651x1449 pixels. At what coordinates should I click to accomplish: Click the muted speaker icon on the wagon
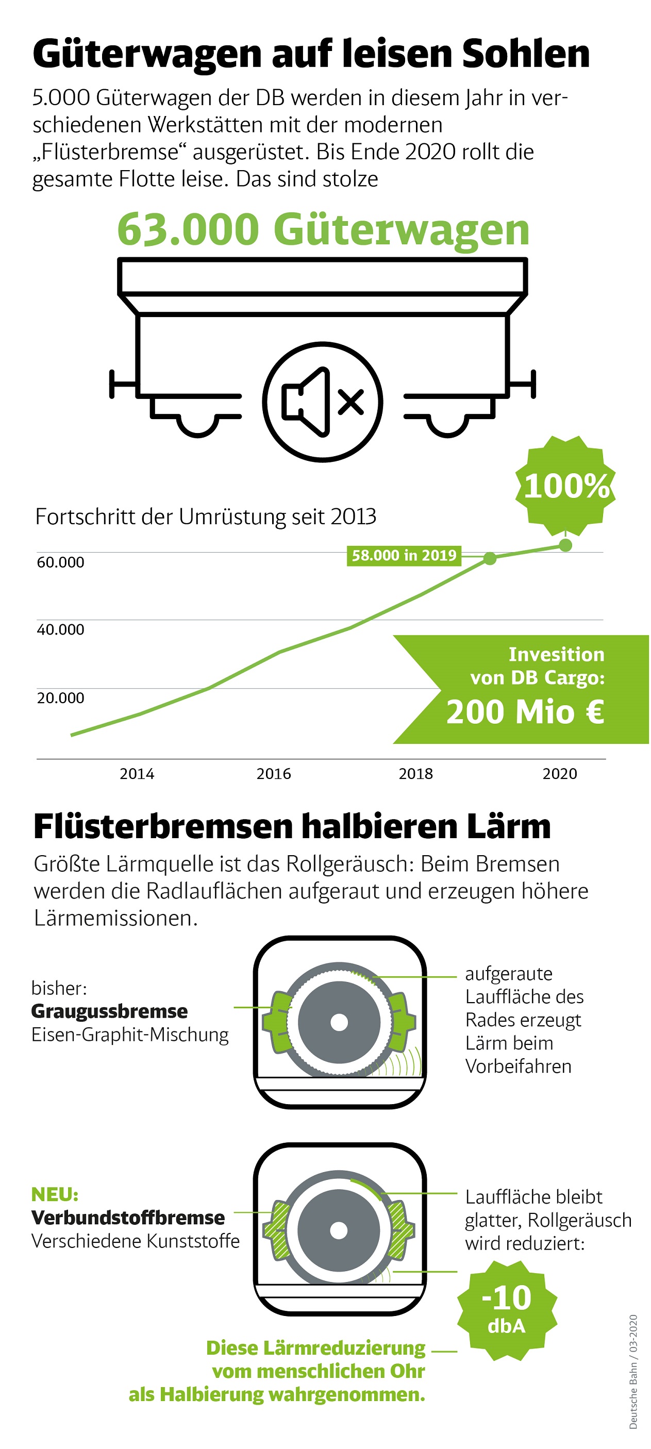pyautogui.click(x=322, y=402)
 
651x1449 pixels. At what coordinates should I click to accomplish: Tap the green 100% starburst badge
pyautogui.click(x=565, y=486)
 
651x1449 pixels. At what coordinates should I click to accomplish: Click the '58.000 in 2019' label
pyautogui.click(x=404, y=555)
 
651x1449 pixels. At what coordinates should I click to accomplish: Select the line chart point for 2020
pyautogui.click(x=565, y=545)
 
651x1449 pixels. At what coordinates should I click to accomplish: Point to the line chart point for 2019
pyautogui.click(x=490, y=559)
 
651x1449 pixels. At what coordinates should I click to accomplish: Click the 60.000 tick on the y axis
pyautogui.click(x=60, y=562)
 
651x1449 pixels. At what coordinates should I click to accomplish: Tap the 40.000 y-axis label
pyautogui.click(x=60, y=629)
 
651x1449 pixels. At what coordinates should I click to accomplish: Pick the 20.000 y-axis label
pyautogui.click(x=60, y=698)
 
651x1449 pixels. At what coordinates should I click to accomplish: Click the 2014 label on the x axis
pyautogui.click(x=137, y=774)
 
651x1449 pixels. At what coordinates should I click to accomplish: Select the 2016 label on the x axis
pyautogui.click(x=274, y=774)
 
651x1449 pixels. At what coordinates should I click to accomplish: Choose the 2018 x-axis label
pyautogui.click(x=416, y=774)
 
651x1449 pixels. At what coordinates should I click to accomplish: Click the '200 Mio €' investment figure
pyautogui.click(x=525, y=712)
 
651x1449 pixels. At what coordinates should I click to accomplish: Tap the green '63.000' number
pyautogui.click(x=188, y=229)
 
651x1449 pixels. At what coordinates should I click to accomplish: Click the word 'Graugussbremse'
pyautogui.click(x=110, y=1011)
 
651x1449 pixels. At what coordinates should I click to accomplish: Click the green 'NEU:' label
pyautogui.click(x=55, y=1194)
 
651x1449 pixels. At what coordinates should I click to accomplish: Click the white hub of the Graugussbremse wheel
pyautogui.click(x=339, y=1022)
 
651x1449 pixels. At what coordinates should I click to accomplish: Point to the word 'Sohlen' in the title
pyautogui.click(x=526, y=54)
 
